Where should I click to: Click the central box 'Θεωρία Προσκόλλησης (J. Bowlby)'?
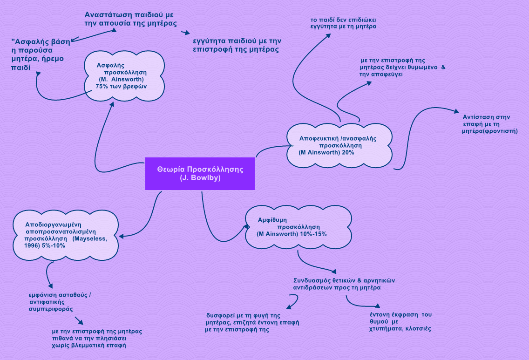200,173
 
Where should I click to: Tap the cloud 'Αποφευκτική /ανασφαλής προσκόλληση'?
338,145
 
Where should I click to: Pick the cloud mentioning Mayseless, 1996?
66,235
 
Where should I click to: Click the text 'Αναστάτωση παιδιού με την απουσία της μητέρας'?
131,19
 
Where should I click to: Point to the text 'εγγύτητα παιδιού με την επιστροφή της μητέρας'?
237,45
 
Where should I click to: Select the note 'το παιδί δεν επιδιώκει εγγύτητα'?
344,24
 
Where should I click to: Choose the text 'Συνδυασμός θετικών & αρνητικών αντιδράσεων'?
344,284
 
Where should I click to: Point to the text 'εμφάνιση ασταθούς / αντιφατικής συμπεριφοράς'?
60,302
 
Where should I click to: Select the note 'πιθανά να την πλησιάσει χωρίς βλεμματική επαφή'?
97,339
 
